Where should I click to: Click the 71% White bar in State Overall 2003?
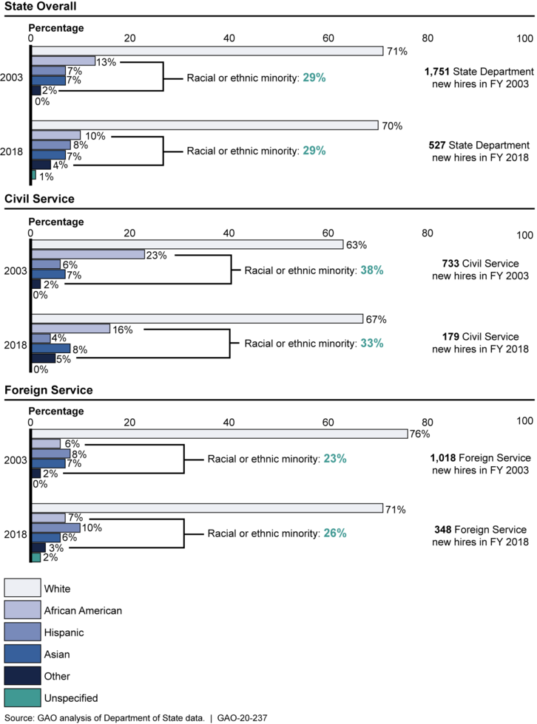[x=207, y=51]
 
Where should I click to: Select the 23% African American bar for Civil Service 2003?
[x=88, y=254]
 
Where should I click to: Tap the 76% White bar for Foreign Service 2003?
[x=220, y=434]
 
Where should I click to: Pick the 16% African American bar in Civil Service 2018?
[x=71, y=329]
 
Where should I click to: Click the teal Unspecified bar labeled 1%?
[x=33, y=175]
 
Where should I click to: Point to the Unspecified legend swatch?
[x=23, y=697]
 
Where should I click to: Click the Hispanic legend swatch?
[x=23, y=632]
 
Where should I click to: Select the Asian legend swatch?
[x=23, y=654]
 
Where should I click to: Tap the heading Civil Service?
[x=39, y=199]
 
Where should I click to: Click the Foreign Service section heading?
[x=49, y=390]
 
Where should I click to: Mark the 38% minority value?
[x=372, y=270]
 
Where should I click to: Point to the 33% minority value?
[x=372, y=343]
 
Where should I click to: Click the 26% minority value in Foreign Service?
[x=335, y=533]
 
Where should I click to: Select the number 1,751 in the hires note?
[x=436, y=72]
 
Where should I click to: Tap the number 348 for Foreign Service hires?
[x=443, y=530]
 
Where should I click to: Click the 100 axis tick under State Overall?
[x=524, y=38]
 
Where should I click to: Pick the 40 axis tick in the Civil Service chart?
[x=229, y=233]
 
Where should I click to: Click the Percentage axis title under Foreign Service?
[x=56, y=411]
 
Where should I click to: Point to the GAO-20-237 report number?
[x=242, y=718]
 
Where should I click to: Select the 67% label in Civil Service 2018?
[x=376, y=319]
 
